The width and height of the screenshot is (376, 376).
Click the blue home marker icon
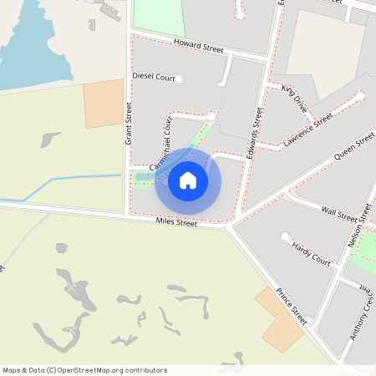coord(188,180)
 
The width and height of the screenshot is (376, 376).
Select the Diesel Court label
coord(154,77)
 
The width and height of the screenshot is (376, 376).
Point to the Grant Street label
coord(129,123)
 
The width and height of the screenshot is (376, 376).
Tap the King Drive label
coord(295,98)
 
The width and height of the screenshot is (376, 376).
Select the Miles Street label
coord(176,222)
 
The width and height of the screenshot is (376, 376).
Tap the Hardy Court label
coord(311,254)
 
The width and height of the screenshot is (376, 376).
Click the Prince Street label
coord(292,307)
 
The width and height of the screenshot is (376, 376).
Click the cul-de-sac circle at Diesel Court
coord(179,79)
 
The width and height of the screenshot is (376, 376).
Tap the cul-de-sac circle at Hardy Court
coord(285,237)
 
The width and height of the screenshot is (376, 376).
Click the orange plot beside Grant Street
coord(104,104)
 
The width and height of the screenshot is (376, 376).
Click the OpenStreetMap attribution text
coord(85,369)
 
